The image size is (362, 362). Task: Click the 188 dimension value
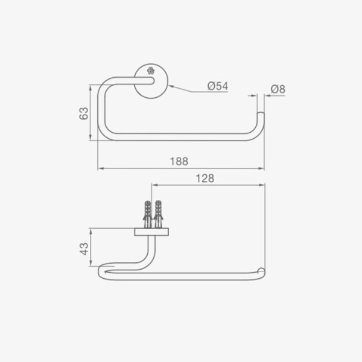coord(179,161)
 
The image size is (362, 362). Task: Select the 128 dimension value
coord(205,179)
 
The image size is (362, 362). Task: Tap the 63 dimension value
coord(84,113)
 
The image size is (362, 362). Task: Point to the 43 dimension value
coord(84,249)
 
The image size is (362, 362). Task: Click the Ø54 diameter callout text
coord(217,86)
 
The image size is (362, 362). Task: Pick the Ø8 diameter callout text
coord(278,89)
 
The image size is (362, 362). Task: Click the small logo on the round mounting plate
coord(150,71)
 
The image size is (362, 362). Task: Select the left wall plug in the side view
coord(148,214)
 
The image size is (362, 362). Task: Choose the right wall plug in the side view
coord(158,214)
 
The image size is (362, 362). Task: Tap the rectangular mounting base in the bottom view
coord(151,232)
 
